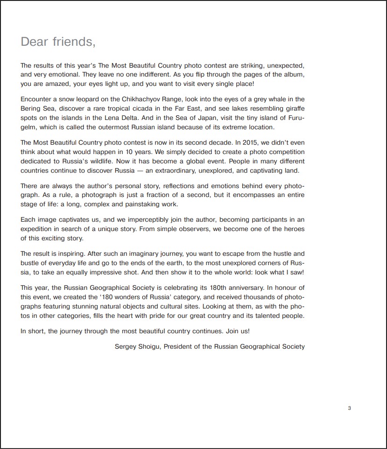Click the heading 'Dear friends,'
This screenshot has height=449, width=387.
coord(58,42)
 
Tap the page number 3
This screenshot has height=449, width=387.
coord(349,409)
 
